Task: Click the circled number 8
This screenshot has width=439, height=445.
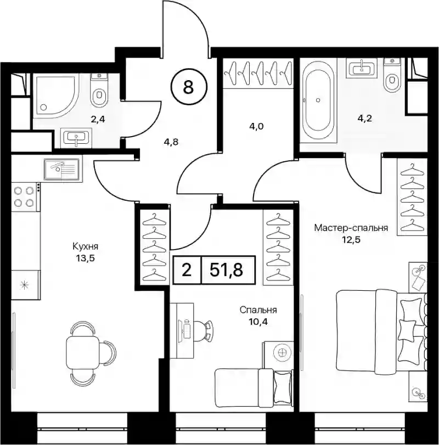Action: [x=188, y=87]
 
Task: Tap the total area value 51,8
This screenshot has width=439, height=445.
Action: [x=227, y=269]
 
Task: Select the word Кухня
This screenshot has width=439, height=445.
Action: [x=85, y=246]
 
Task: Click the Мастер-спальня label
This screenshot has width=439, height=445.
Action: [x=351, y=228]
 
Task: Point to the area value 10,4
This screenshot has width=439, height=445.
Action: [x=258, y=322]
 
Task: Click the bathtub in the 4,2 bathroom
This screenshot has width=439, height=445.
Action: [x=318, y=100]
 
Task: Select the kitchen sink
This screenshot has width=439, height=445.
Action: [x=61, y=169]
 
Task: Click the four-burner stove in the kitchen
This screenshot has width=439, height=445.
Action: [x=25, y=196]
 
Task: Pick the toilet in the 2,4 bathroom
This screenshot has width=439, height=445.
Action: [x=99, y=90]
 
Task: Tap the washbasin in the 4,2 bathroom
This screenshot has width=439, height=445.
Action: [x=361, y=68]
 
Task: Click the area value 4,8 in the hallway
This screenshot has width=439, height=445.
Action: [x=171, y=142]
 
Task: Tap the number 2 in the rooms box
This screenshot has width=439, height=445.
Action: [x=187, y=270]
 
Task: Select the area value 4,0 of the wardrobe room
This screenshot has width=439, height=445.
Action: [x=256, y=126]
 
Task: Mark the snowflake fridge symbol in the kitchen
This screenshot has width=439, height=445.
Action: [x=24, y=285]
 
